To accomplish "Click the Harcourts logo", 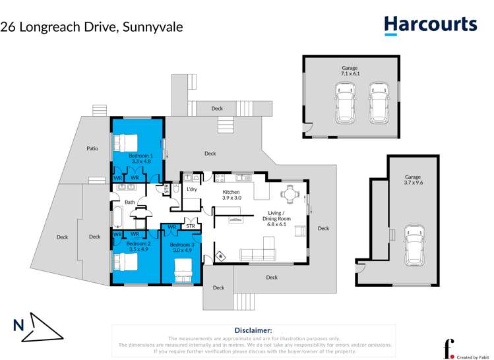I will [430, 25].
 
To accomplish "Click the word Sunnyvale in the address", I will [152, 27].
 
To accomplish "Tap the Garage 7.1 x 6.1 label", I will [350, 71].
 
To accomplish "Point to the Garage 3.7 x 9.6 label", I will [413, 180].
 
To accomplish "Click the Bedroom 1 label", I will [140, 158].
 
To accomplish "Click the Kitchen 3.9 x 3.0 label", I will [232, 194].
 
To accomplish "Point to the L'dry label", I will [192, 190].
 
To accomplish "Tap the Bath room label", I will [130, 202].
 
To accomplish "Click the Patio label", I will [92, 148].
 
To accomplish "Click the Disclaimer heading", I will [253, 330].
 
